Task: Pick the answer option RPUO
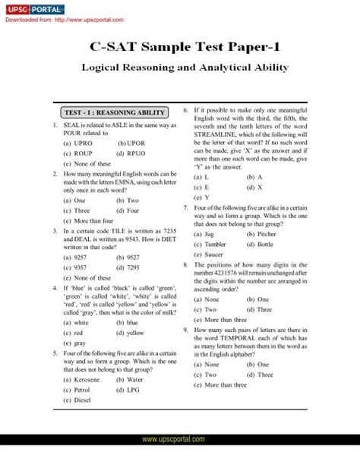point(135,153)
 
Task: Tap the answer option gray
point(79,342)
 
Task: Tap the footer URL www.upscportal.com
point(180,459)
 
